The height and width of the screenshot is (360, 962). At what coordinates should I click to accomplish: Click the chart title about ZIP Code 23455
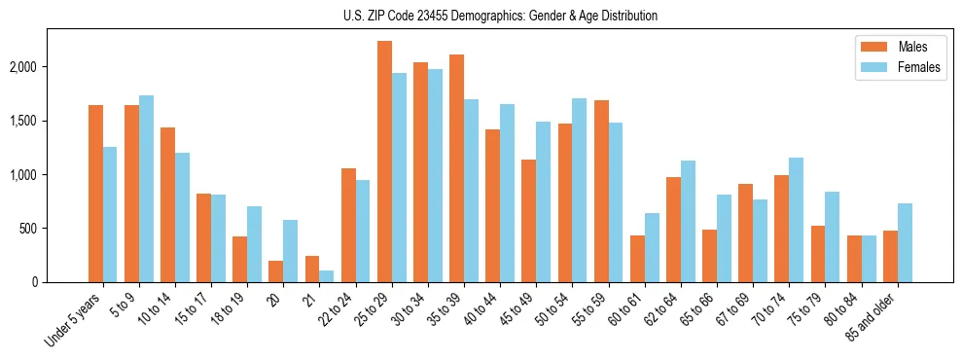tap(500, 16)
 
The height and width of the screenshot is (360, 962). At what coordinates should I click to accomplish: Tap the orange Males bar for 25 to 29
tap(384, 162)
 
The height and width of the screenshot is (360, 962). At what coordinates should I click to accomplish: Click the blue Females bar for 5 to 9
tap(146, 189)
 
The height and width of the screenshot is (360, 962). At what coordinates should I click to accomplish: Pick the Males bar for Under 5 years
tap(95, 194)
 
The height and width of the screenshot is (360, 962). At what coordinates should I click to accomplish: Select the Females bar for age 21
tap(327, 276)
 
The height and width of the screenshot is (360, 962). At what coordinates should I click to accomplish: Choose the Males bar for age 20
tap(276, 271)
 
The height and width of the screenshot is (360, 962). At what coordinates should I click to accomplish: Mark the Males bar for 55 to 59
tap(601, 191)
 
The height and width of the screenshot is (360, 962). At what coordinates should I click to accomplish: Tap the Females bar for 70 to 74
tap(797, 220)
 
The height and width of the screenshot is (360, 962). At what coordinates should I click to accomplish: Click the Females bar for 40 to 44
tap(507, 193)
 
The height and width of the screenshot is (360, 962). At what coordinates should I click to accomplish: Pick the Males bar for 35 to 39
tap(456, 168)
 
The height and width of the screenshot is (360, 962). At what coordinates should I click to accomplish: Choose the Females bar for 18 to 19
tap(254, 244)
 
